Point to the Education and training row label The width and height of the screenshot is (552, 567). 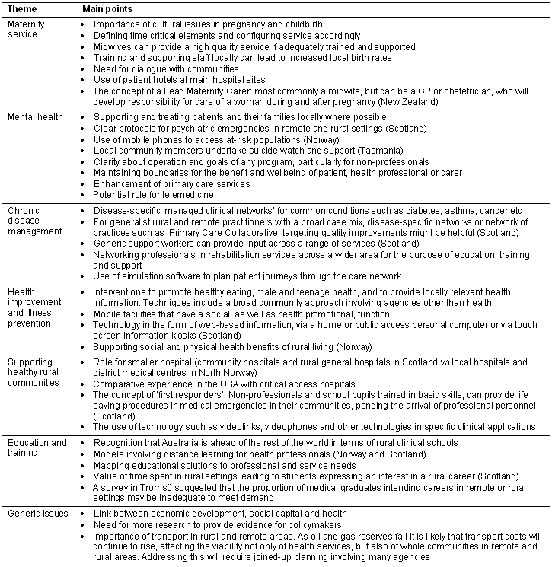pos(37,448)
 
